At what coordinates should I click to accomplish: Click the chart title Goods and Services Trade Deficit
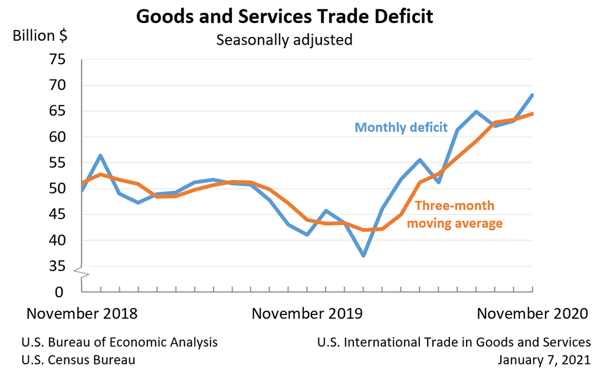(x=284, y=16)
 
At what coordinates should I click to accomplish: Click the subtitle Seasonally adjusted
(x=284, y=40)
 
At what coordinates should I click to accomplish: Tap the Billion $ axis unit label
(x=40, y=35)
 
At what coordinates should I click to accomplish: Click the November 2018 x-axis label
(x=82, y=313)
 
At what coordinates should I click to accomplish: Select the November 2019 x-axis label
(x=307, y=313)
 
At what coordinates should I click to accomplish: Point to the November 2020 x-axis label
(x=532, y=313)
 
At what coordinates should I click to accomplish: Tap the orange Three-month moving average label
(x=455, y=215)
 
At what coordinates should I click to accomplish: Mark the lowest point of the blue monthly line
(x=364, y=255)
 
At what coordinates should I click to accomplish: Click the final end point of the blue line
(x=533, y=95)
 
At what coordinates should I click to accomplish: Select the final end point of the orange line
(x=533, y=114)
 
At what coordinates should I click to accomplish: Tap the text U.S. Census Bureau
(x=78, y=359)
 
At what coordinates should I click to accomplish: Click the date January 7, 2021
(x=544, y=359)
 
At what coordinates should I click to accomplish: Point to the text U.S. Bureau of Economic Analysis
(x=120, y=342)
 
